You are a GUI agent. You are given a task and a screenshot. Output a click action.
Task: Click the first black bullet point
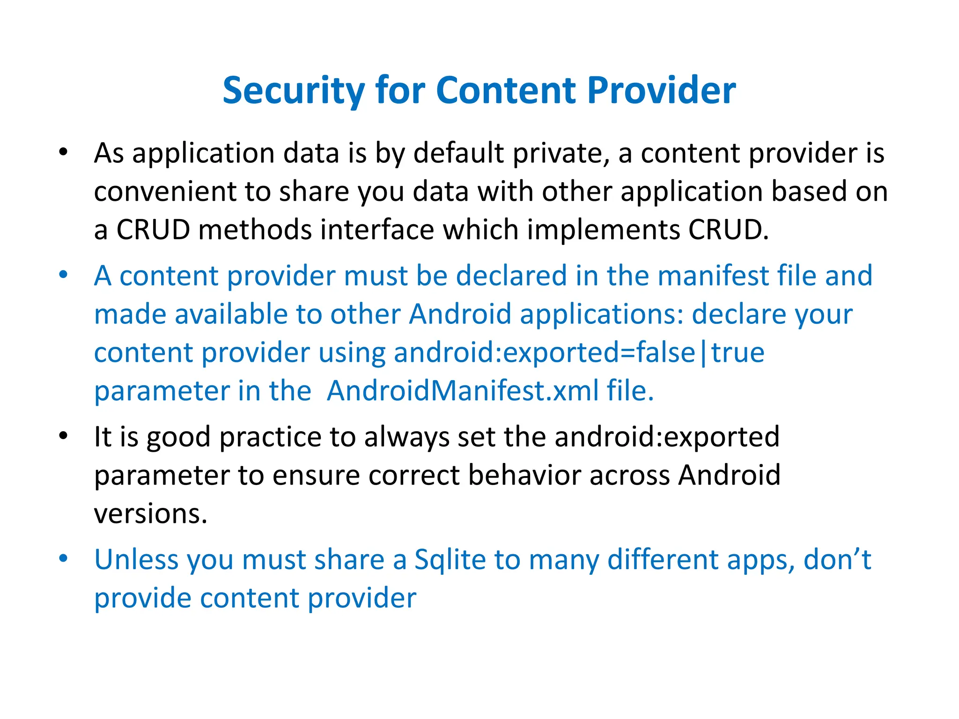click(64, 152)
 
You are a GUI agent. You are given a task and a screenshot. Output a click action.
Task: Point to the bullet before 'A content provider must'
click(64, 275)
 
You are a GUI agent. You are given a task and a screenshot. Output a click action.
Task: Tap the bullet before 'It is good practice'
click(64, 436)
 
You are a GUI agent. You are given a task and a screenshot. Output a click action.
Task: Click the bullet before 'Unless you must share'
click(64, 558)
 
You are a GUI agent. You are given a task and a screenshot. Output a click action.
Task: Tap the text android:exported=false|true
click(579, 352)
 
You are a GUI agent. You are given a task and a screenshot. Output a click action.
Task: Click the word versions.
click(150, 514)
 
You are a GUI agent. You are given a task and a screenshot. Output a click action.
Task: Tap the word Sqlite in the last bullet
click(450, 560)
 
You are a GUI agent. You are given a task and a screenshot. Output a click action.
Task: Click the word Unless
click(136, 559)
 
